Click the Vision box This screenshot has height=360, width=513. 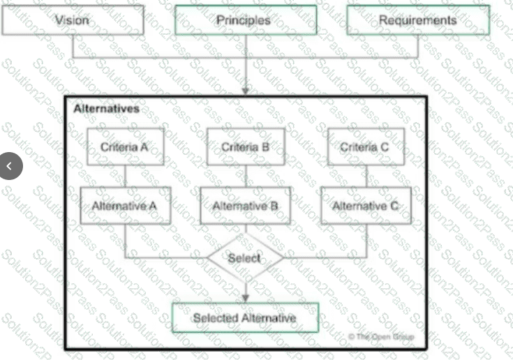(73, 20)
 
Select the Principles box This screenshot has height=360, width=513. (246, 20)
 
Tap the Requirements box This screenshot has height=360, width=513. (418, 20)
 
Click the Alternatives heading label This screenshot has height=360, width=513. (107, 109)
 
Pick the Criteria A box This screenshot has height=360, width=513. (126, 147)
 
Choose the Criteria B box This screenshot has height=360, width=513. (246, 147)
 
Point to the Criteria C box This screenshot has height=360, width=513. (366, 147)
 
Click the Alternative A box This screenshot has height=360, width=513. (126, 206)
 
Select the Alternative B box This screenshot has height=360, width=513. (246, 206)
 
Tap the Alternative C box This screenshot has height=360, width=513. (366, 206)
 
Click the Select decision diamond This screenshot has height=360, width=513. (246, 258)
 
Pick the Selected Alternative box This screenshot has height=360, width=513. (246, 318)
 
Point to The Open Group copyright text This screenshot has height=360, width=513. (381, 336)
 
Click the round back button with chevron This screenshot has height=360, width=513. (10, 166)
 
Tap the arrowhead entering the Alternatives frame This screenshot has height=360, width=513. (246, 91)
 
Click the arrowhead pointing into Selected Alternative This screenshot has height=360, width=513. (246, 299)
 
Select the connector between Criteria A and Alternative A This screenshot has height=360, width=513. (126, 177)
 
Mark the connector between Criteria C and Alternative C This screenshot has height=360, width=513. (366, 177)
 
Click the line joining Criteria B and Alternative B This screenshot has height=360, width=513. (246, 177)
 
